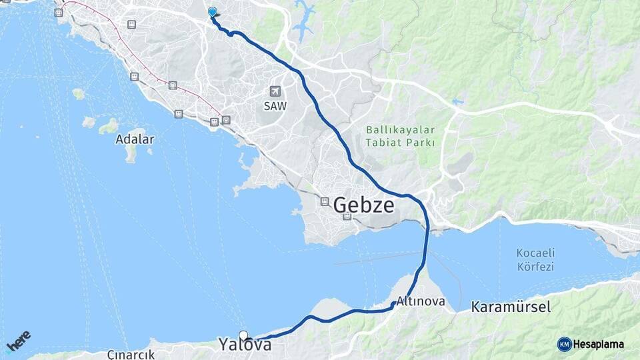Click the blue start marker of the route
pyautogui.click(x=212, y=11)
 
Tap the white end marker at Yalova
pyautogui.click(x=243, y=335)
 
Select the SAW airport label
pyautogui.click(x=275, y=106)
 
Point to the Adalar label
pyautogui.click(x=135, y=139)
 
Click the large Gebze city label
pyautogui.click(x=363, y=205)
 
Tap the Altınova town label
pyautogui.click(x=421, y=301)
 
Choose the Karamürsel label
pyautogui.click(x=510, y=307)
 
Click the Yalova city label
pyautogui.click(x=245, y=345)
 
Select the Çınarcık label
pyautogui.click(x=131, y=354)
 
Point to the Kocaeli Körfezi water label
pyautogui.click(x=536, y=260)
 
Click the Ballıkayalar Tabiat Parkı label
pyautogui.click(x=400, y=136)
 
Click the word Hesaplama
pyautogui.click(x=599, y=344)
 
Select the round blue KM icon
pyautogui.click(x=564, y=344)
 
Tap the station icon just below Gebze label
pyautogui.click(x=347, y=217)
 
